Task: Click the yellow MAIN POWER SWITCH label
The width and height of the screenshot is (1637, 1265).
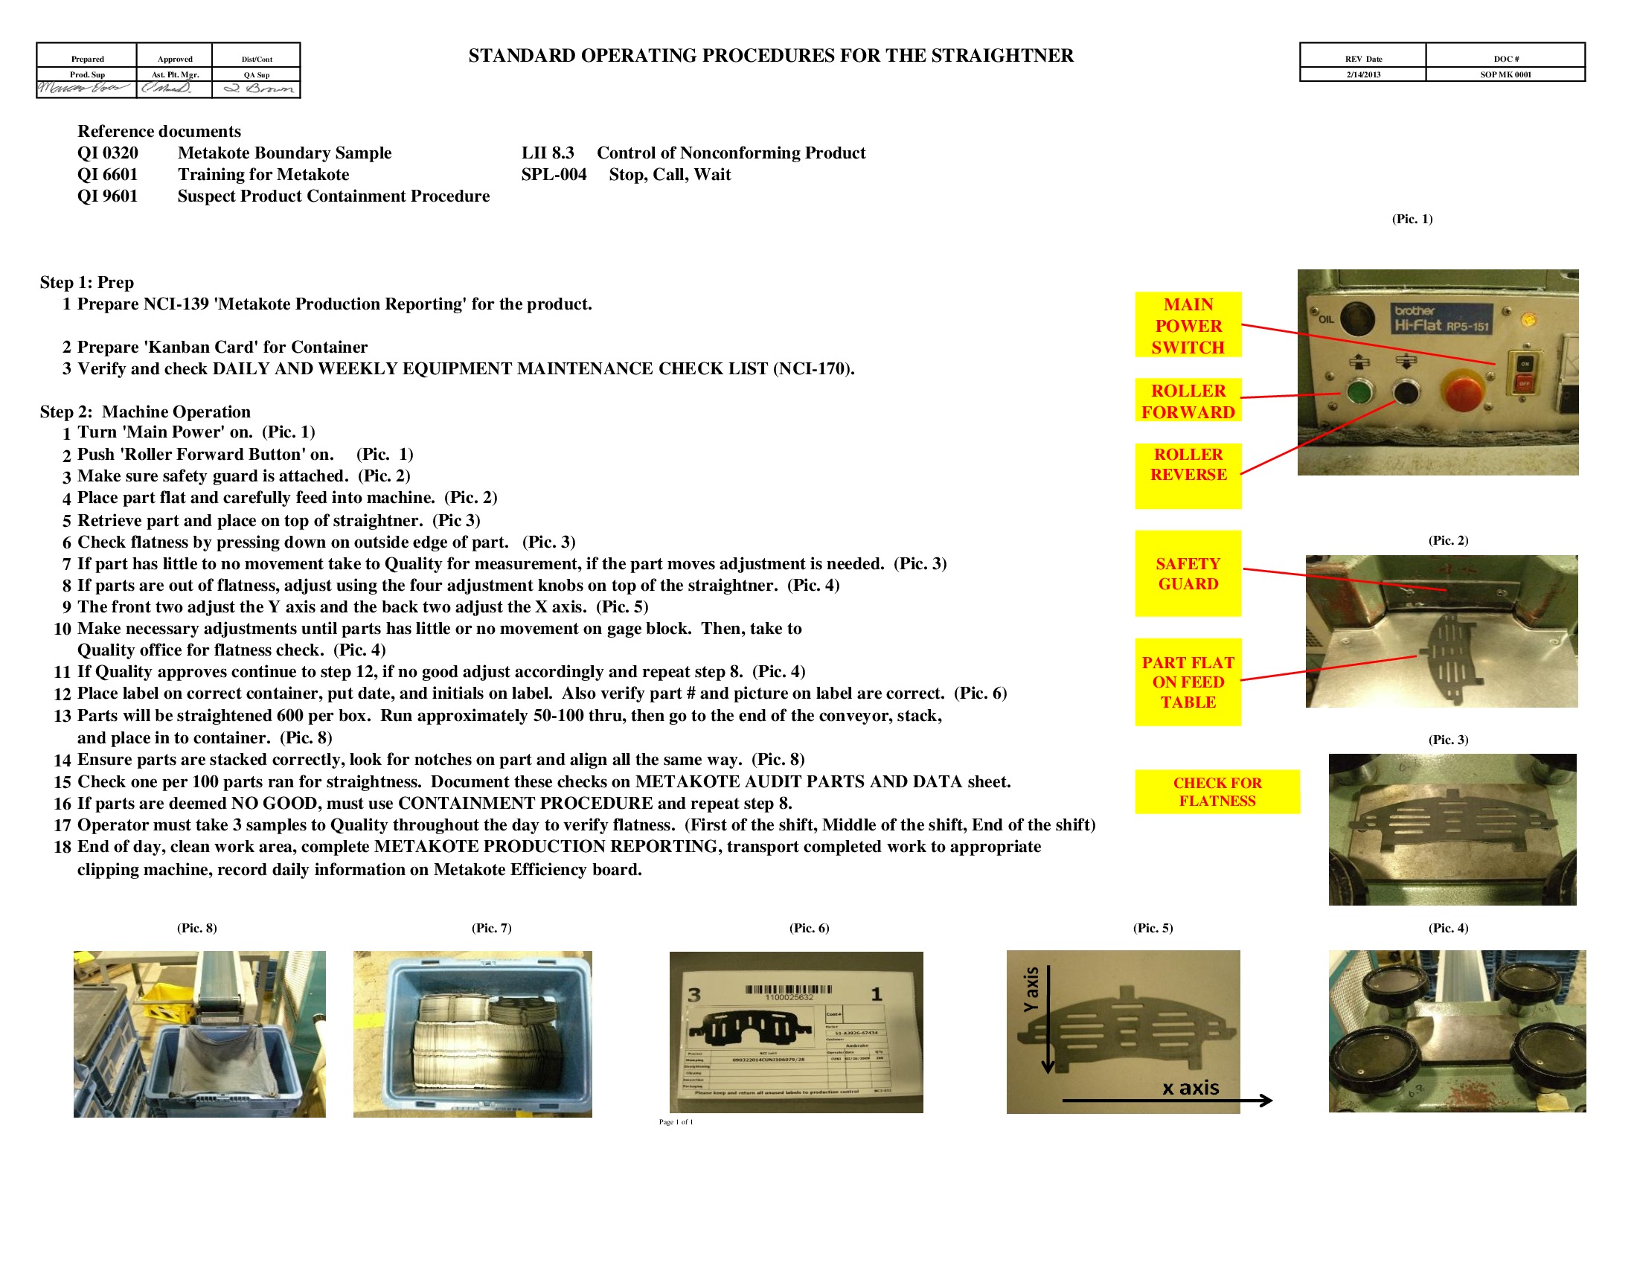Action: [x=1188, y=325]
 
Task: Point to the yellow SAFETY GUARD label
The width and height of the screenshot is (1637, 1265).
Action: [x=1188, y=573]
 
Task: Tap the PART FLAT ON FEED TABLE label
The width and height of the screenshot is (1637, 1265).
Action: [x=1188, y=682]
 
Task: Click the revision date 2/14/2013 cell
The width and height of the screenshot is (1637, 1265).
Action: [x=1362, y=74]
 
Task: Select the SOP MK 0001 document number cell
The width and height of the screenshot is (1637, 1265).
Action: [x=1505, y=74]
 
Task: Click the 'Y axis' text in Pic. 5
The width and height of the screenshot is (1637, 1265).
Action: [x=1032, y=988]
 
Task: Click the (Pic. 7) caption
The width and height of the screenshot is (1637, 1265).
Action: [x=491, y=928]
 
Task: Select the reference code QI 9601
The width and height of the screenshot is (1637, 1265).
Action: [x=107, y=196]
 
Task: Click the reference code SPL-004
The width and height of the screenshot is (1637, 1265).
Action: [x=553, y=175]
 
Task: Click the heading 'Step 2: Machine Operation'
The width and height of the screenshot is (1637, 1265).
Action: [x=144, y=411]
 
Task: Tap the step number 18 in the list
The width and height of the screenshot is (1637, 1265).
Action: [x=63, y=848]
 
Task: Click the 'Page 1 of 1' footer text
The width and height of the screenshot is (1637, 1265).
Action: [x=676, y=1122]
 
